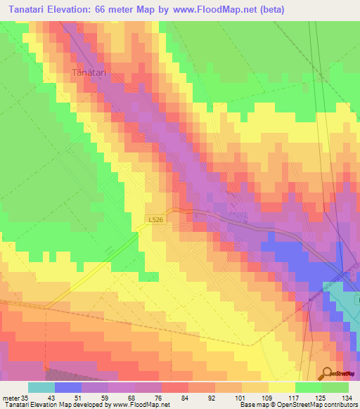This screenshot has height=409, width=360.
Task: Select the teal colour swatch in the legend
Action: click(x=41, y=387)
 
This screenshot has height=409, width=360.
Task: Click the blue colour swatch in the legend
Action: click(x=68, y=387)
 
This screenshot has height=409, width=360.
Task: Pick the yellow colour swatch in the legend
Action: click(x=282, y=387)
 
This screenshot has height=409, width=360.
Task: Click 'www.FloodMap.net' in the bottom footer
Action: click(x=141, y=404)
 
